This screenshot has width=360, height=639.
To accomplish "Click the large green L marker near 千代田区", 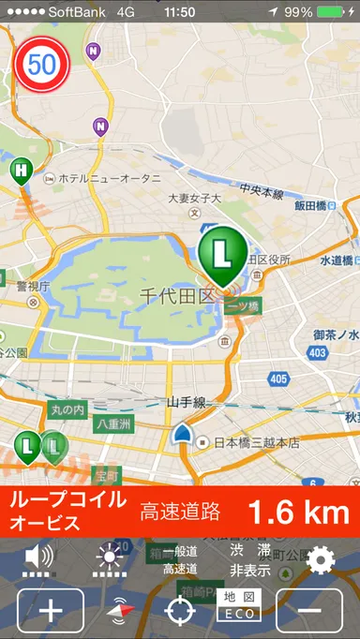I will click(222, 253).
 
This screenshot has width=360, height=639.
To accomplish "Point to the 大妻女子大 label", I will click(194, 199).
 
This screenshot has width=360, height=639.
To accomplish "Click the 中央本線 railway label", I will click(261, 193).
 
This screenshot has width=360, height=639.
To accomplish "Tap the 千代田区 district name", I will click(177, 295).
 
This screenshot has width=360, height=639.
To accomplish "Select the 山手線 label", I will click(186, 402).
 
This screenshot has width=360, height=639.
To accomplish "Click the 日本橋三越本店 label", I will click(254, 442).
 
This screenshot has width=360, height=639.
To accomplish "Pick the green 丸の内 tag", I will click(67, 409).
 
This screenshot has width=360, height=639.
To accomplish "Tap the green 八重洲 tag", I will click(113, 424).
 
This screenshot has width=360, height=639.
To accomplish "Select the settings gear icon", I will click(321, 560).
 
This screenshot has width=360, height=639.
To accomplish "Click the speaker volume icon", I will click(39, 558).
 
